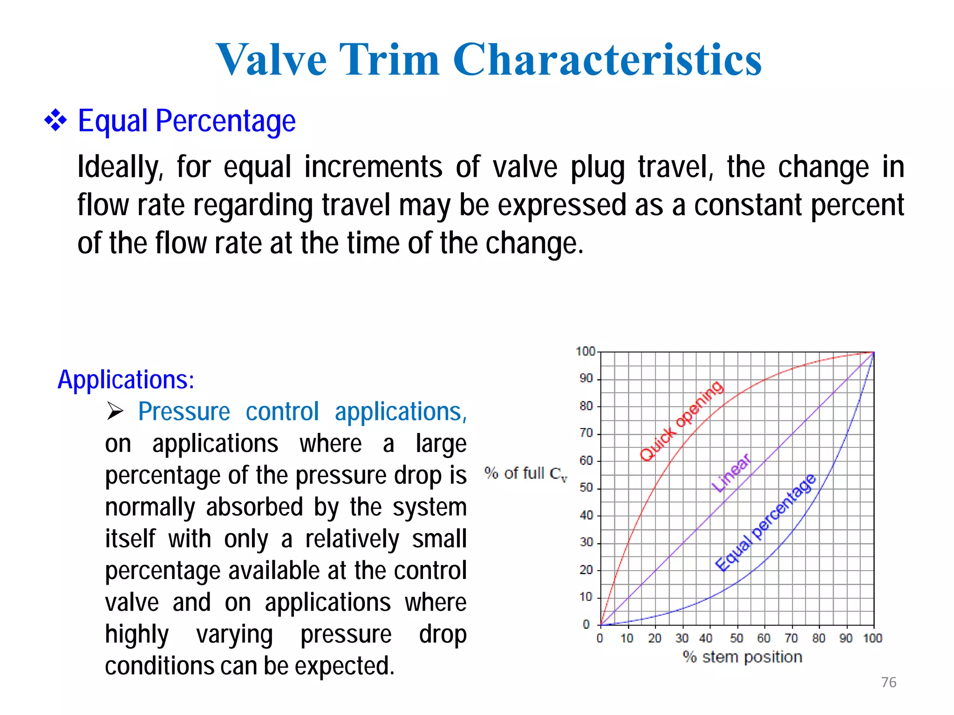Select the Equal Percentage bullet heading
pos(186,121)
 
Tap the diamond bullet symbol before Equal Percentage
pos(55,121)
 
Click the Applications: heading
pos(126,379)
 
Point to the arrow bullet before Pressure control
pos(115,411)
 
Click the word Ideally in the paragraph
pos(120,168)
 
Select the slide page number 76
pos(889,682)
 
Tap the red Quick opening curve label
pos(681,421)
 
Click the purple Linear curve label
pos(731,473)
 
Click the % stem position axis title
pos(743,657)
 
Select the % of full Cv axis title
pos(525,474)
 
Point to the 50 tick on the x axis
pos(736,638)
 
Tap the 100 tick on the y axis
pos(586,351)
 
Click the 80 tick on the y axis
pos(586,406)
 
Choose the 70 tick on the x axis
pos(791,638)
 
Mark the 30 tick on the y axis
pos(586,542)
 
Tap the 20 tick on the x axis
pos(654,638)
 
